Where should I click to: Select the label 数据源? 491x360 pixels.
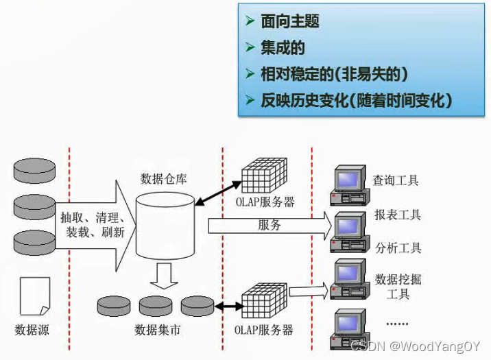click(x=32, y=330)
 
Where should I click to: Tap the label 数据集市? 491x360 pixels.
click(x=158, y=330)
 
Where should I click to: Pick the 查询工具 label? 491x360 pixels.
click(x=396, y=181)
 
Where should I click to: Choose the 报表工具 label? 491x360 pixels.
click(x=398, y=215)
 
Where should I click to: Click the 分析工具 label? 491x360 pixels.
click(x=398, y=248)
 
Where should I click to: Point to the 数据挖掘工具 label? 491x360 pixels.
click(x=398, y=287)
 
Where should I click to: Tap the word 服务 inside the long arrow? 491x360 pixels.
click(x=270, y=225)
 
